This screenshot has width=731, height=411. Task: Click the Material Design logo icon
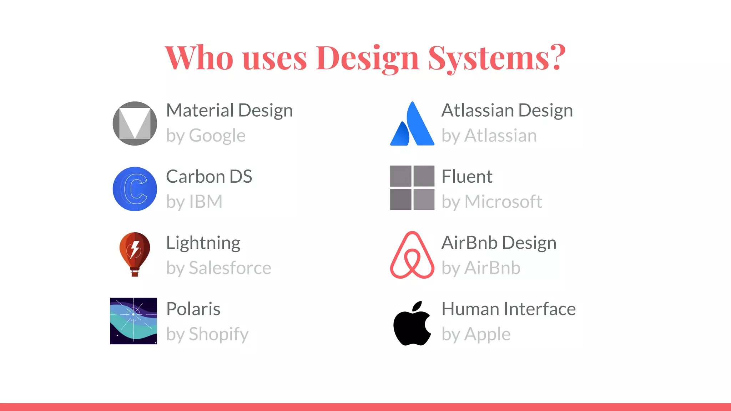point(135,123)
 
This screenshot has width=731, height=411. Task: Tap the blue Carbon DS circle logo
point(135,189)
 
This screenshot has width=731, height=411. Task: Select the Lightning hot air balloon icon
point(135,254)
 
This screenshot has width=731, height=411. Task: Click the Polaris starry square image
point(133,321)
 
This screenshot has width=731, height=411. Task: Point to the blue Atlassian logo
point(412,124)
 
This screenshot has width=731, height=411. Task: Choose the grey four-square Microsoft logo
point(412,188)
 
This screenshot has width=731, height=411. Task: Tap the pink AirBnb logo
point(412,255)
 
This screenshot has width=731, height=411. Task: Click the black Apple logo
point(412,323)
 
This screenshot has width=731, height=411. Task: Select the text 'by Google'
point(206,136)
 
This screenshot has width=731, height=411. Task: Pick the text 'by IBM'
point(195,202)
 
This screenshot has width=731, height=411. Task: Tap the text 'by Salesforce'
point(219,268)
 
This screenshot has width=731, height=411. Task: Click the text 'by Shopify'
point(207,334)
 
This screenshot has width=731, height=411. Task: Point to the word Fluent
point(467,177)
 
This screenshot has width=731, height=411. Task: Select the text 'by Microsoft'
point(492,202)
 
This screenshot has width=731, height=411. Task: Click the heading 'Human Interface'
point(509,309)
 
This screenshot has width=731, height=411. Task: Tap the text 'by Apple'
point(476,334)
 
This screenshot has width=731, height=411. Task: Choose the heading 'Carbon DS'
point(209,177)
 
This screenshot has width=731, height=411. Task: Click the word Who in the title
point(199,58)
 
